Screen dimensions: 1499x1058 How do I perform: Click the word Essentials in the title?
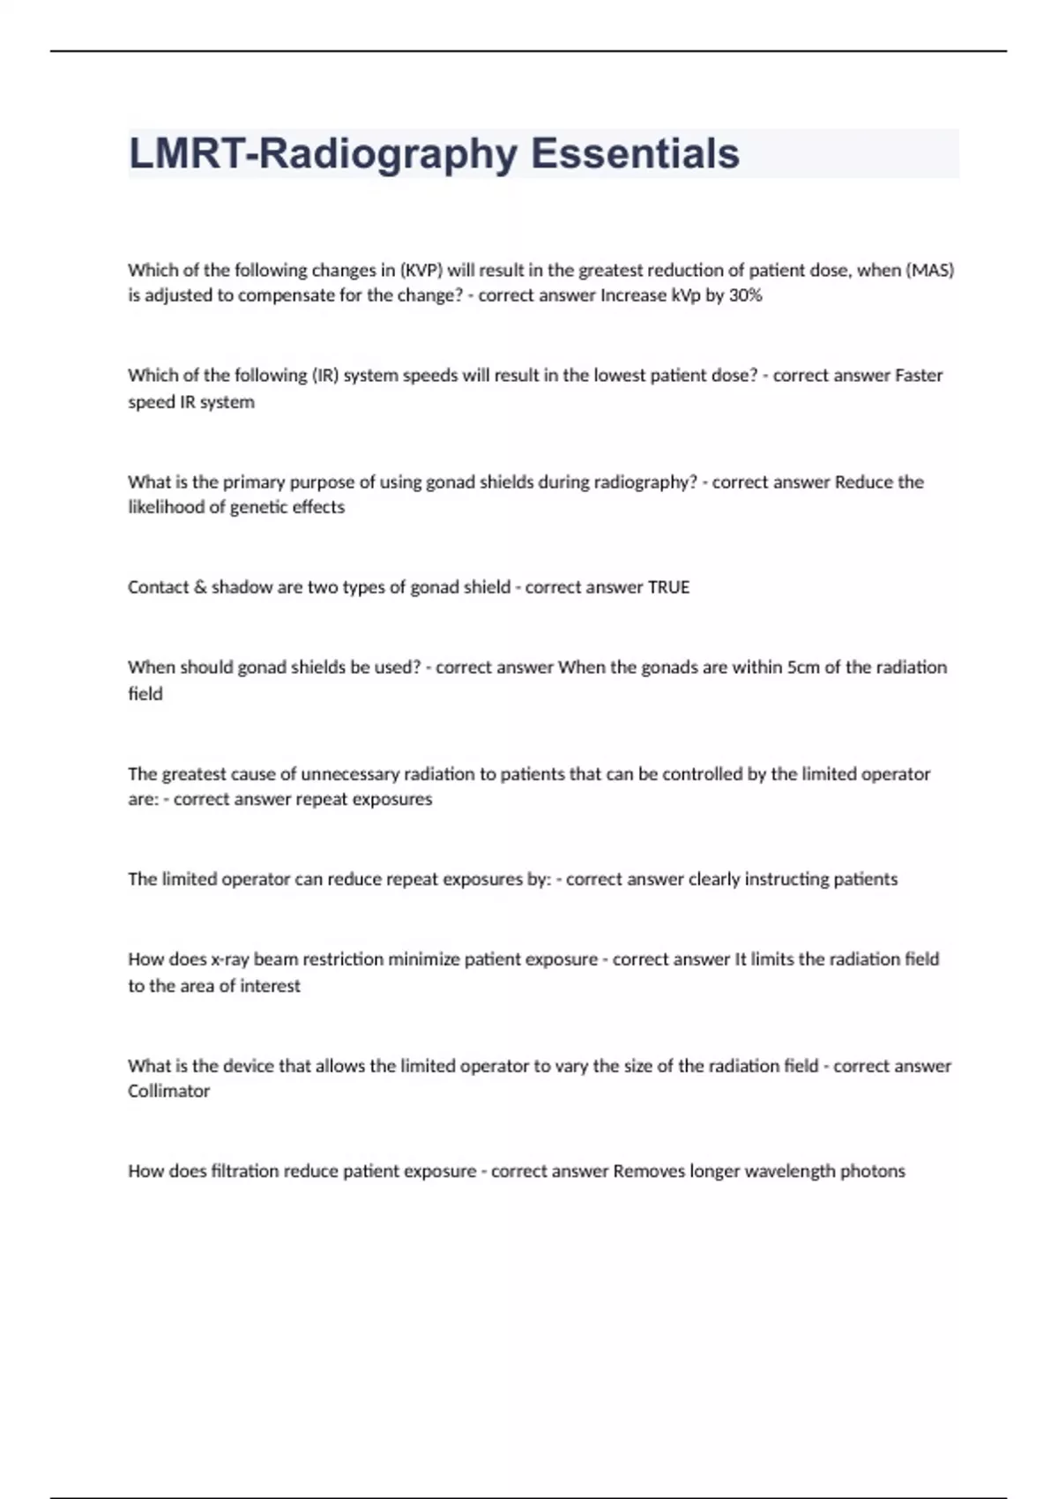point(635,153)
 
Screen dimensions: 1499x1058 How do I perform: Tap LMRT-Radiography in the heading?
point(323,153)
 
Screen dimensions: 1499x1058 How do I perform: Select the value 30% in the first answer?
point(745,295)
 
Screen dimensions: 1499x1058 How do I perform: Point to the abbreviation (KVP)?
point(421,270)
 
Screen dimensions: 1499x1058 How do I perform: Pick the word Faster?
point(919,376)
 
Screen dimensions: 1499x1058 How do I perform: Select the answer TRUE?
point(668,587)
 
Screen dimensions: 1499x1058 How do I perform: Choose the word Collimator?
point(168,1092)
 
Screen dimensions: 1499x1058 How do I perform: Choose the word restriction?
point(336,959)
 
